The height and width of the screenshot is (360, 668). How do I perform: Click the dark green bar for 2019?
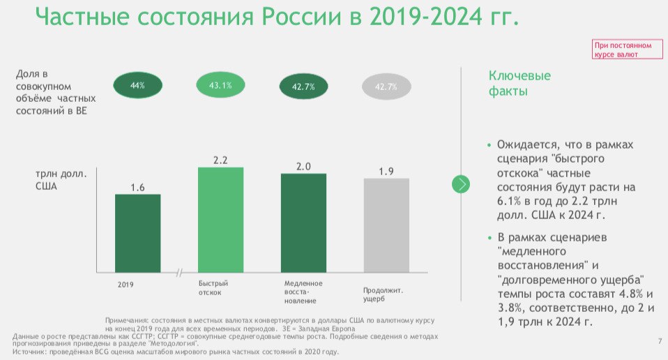[x=137, y=234]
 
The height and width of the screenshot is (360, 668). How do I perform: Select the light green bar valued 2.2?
[x=220, y=220]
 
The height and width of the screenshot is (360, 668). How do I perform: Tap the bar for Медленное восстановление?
[x=304, y=223]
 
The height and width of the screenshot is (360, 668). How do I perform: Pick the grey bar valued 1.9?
[x=386, y=225]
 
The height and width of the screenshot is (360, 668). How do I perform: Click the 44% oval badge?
[x=137, y=86]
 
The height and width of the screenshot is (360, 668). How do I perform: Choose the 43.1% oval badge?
[x=220, y=85]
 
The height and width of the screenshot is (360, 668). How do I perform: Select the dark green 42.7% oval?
[x=304, y=87]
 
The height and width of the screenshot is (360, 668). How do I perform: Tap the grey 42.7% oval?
[x=386, y=87]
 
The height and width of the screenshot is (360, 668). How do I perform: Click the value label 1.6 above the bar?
[x=137, y=188]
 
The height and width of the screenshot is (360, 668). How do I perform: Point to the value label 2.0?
[x=304, y=167]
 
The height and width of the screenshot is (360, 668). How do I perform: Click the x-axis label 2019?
[x=126, y=285]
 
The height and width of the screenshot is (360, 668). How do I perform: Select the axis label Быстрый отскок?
[x=213, y=288]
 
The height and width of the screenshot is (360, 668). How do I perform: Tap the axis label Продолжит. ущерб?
[x=383, y=294]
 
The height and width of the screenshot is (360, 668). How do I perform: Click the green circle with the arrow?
[x=460, y=184]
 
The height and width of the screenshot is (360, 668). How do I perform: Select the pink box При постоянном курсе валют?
[x=627, y=49]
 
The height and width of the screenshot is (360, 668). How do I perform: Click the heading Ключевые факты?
[x=519, y=84]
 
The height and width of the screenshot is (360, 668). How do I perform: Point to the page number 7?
[x=660, y=341]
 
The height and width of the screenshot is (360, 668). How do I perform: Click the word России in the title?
[x=301, y=16]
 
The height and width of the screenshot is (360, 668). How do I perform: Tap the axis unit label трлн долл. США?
[x=61, y=180]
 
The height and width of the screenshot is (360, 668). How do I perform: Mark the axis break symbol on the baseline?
[x=179, y=273]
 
